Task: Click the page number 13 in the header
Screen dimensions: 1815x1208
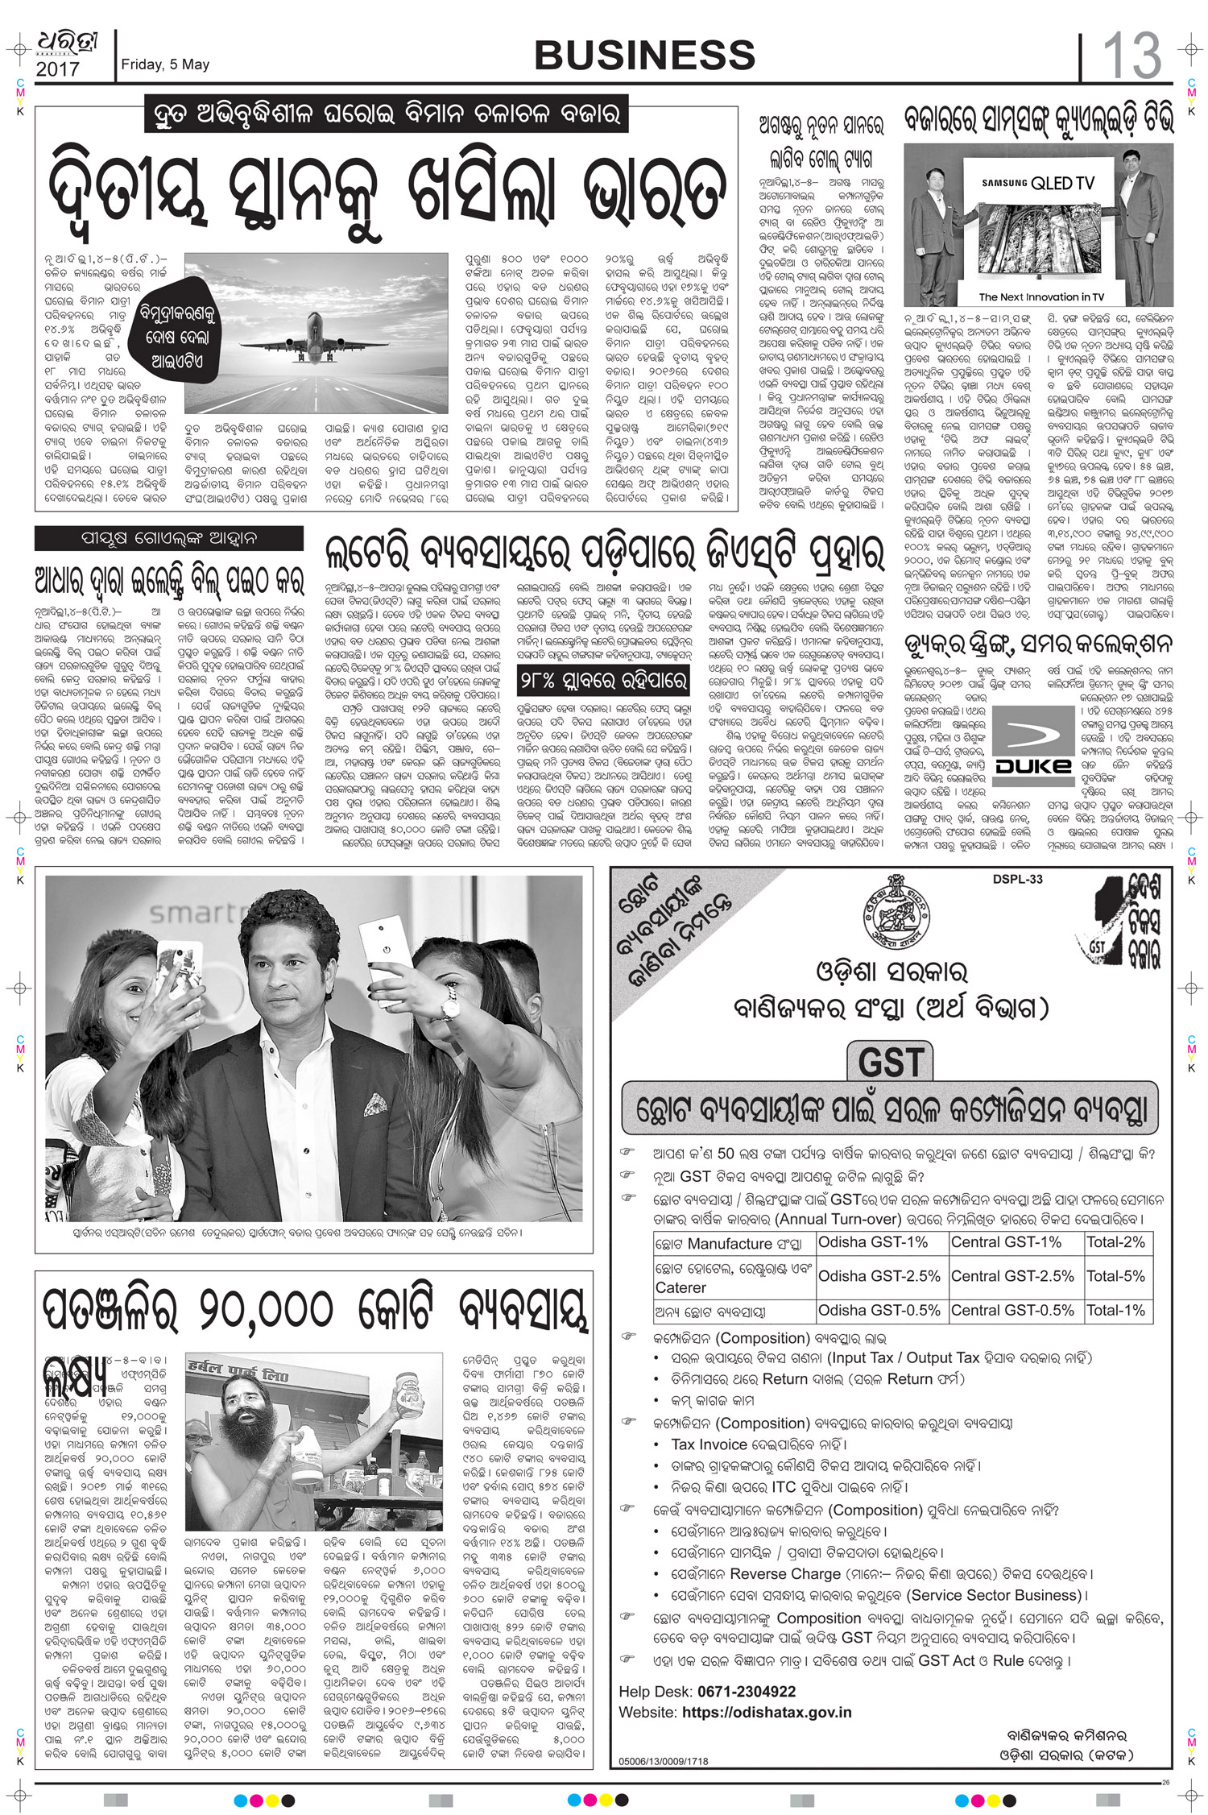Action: click(x=1131, y=56)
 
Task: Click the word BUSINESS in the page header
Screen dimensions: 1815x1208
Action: click(x=644, y=56)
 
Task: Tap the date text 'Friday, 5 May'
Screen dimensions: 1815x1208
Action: click(x=165, y=64)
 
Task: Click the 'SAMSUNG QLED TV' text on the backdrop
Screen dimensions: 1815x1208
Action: click(x=1038, y=183)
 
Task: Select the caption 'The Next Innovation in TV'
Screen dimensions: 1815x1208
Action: click(x=1041, y=297)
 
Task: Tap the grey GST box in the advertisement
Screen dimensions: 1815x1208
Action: click(x=890, y=1061)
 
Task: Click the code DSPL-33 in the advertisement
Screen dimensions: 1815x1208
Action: click(x=1017, y=879)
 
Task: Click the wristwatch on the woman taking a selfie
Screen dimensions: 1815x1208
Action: click(x=449, y=1005)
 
